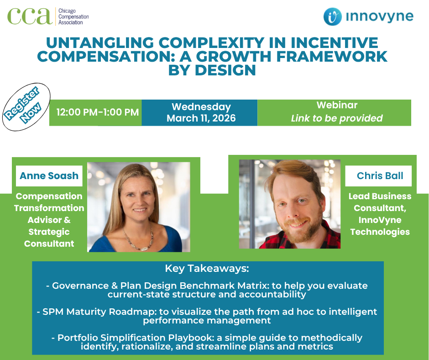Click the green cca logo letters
pyautogui.click(x=30, y=16)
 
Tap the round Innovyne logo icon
pyautogui.click(x=332, y=16)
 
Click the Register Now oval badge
pyautogui.click(x=26, y=106)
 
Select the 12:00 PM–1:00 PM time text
pyautogui.click(x=98, y=112)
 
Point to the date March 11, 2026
pyautogui.click(x=201, y=118)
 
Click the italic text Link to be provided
pyautogui.click(x=337, y=118)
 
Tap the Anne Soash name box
pyautogui.click(x=49, y=175)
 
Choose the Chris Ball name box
pyautogui.click(x=378, y=175)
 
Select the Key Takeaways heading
pyautogui.click(x=207, y=269)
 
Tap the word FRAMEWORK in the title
pyautogui.click(x=332, y=57)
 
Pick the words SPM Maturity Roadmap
pyautogui.click(x=99, y=312)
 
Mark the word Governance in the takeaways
pyautogui.click(x=80, y=286)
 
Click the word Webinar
pyautogui.click(x=337, y=105)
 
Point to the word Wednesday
pyautogui.click(x=201, y=107)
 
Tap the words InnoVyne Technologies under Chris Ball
pyautogui.click(x=380, y=226)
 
